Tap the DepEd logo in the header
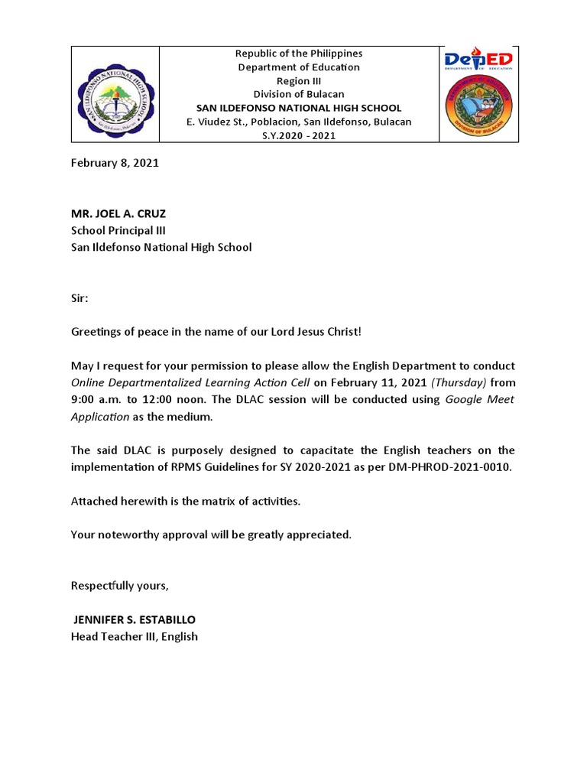pos(479,60)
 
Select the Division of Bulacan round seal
pos(479,106)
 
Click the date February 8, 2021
pos(115,163)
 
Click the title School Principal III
pos(118,230)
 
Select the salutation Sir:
pos(79,298)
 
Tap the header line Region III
pos(299,81)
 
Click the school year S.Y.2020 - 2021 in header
pos(299,136)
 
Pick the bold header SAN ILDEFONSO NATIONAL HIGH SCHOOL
pos(299,109)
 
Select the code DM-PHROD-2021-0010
pos(449,467)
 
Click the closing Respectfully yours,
pos(120,586)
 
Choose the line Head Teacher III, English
pos(135,636)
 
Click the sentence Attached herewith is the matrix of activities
pos(186,501)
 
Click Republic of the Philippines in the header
pos(299,54)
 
